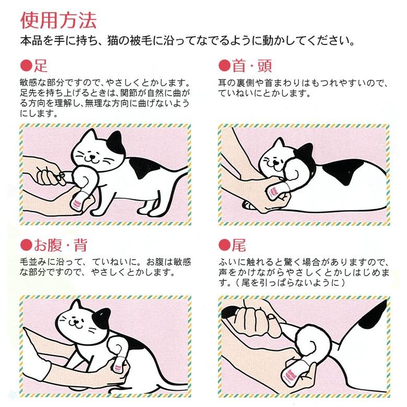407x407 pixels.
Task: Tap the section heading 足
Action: [41, 66]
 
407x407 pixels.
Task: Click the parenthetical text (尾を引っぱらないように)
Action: [282, 282]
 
